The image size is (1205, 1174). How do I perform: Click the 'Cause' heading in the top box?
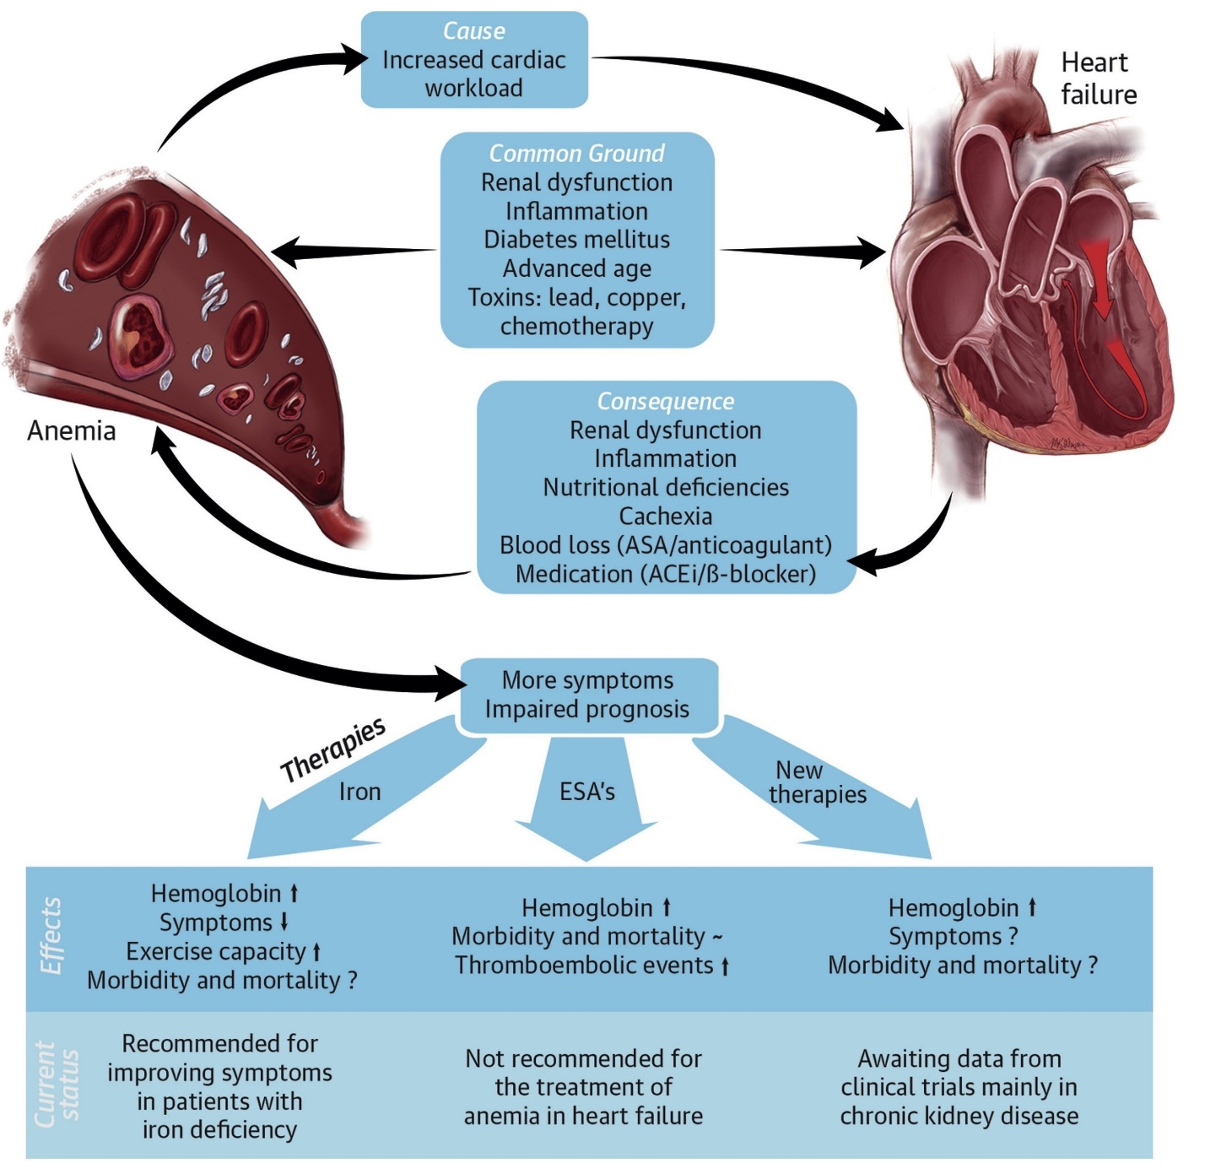point(473,31)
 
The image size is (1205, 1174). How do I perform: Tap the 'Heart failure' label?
point(1098,78)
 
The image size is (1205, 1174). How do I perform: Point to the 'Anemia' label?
point(72,430)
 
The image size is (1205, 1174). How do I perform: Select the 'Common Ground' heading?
point(577,154)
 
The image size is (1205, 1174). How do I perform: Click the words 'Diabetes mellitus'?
point(577,240)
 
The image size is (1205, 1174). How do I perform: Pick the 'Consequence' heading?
point(666,402)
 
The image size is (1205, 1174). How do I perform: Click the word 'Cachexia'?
point(666,516)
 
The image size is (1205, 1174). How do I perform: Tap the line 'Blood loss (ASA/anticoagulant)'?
point(666,545)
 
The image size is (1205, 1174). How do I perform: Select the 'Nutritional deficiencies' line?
point(666,487)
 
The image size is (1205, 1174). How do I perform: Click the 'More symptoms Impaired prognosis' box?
point(587,695)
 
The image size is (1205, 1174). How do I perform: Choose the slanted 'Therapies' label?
point(333,750)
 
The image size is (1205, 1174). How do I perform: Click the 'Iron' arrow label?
point(360,792)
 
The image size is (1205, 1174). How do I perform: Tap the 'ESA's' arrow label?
point(587,792)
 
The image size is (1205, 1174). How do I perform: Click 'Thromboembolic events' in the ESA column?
point(584,966)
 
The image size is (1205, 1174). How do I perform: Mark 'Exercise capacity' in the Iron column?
point(216,952)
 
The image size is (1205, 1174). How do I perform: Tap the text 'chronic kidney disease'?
point(959,1116)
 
